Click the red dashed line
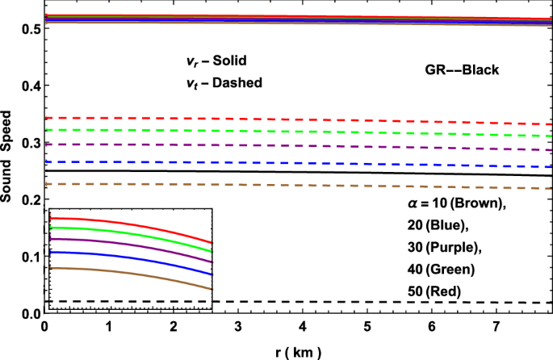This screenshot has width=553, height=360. click(323, 119)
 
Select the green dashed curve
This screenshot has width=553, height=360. click(323, 132)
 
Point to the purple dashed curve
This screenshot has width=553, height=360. click(323, 146)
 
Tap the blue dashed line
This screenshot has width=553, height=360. click(323, 163)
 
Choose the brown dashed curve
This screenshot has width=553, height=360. click(323, 185)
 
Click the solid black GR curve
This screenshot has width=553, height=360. click(323, 172)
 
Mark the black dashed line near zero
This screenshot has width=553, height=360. click(323, 302)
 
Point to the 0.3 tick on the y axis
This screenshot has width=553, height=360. click(27, 143)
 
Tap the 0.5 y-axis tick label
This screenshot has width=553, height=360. click(27, 29)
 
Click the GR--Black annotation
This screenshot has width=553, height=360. click(463, 70)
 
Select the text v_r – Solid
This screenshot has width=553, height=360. click(211, 61)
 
